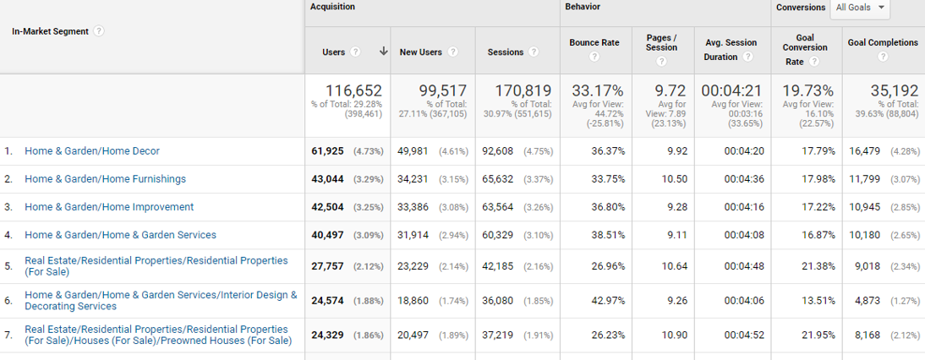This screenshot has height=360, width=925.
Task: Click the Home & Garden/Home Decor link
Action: coord(92,151)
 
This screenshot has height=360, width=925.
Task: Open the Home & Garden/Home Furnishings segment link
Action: coord(105,179)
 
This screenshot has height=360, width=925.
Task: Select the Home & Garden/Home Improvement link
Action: coord(109,207)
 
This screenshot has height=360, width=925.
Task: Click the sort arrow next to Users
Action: coord(384,52)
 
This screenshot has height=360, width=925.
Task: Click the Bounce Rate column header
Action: coord(594,42)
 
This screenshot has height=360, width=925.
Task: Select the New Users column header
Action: coord(421,52)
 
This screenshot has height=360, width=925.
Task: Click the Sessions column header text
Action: coord(506,52)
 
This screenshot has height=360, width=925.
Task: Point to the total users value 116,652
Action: coord(353,90)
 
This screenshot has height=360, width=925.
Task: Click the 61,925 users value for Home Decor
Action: coord(329,151)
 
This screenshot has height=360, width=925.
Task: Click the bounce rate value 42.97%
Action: coord(606,299)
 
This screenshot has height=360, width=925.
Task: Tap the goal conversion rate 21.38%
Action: coord(818,266)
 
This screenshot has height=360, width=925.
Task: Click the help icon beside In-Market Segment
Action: coord(99,31)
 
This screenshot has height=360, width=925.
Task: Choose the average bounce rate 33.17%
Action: coord(598,90)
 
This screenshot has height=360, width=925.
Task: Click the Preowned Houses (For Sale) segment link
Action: coord(158,335)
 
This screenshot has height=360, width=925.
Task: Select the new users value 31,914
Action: coord(414,235)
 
